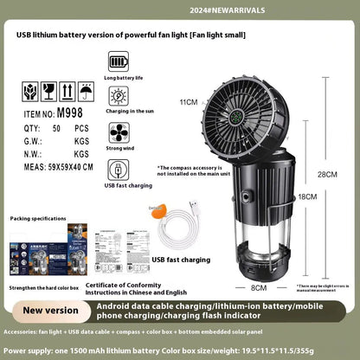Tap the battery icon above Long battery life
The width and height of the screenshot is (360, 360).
coord(119,62)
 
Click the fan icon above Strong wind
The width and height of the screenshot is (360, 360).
coord(119,132)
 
